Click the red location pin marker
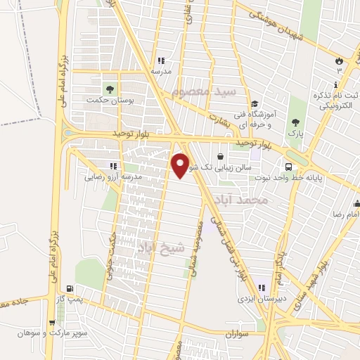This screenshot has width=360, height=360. (181, 165)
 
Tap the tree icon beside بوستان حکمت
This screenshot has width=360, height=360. (109, 89)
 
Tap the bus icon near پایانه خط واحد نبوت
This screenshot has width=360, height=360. (289, 167)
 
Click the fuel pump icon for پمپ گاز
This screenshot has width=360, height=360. (69, 288)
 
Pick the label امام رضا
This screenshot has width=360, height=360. (346, 212)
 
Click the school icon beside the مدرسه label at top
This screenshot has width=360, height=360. (162, 60)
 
